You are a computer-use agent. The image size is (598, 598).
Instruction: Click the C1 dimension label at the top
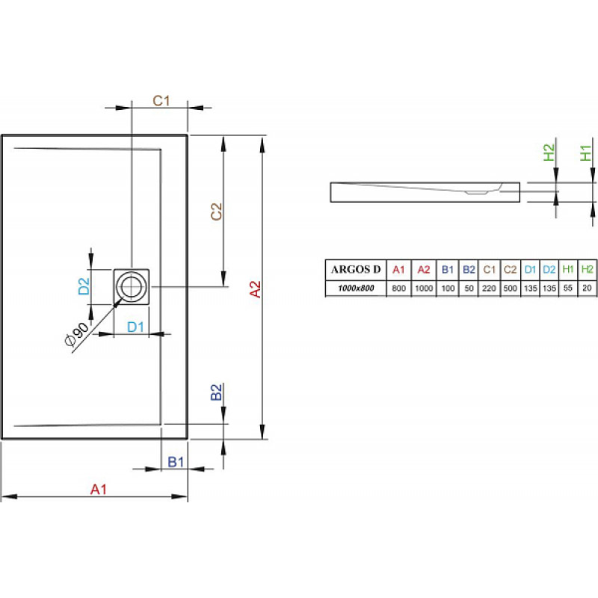161,101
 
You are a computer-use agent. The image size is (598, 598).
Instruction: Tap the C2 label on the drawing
216,212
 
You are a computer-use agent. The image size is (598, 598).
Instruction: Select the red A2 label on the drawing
255,289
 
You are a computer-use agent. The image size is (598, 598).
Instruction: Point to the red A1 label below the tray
99,490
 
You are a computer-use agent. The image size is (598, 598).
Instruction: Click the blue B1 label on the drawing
176,462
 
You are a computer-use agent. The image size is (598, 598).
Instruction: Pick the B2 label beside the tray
216,392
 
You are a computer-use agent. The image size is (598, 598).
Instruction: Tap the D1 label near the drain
135,327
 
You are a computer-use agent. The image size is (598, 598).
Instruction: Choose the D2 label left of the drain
84,286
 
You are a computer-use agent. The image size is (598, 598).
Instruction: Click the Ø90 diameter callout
76,334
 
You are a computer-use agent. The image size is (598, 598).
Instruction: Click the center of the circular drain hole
132,286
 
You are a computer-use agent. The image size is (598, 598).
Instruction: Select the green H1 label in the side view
585,152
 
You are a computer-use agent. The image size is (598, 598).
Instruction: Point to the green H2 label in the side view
549,152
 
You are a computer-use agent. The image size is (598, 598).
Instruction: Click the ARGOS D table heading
356,270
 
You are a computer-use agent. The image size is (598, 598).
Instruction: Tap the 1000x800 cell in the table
356,288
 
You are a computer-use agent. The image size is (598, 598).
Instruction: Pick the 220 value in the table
489,288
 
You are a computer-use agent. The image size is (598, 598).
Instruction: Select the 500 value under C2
511,288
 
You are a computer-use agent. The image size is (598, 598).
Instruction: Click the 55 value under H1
568,288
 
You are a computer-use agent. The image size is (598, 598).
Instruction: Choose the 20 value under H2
587,288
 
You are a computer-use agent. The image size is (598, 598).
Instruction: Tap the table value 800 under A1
398,288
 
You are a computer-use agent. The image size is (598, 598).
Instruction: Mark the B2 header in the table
469,270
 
